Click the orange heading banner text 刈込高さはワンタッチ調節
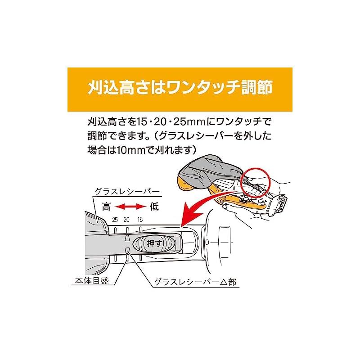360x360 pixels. click(x=180, y=87)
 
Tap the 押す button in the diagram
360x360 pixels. click(x=155, y=243)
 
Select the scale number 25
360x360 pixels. click(x=115, y=220)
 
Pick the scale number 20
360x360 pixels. click(x=126, y=220)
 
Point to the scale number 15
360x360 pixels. click(x=140, y=220)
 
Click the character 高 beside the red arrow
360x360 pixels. click(x=107, y=206)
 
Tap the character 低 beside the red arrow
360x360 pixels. click(x=154, y=206)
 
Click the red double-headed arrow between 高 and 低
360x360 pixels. click(x=130, y=207)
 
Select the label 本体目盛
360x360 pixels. click(x=92, y=281)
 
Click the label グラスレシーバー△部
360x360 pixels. click(x=195, y=282)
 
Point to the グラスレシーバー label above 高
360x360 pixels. click(x=127, y=192)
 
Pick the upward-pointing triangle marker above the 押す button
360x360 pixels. click(x=126, y=238)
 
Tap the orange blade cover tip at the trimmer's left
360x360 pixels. click(x=185, y=185)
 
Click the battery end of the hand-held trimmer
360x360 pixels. click(x=279, y=205)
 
